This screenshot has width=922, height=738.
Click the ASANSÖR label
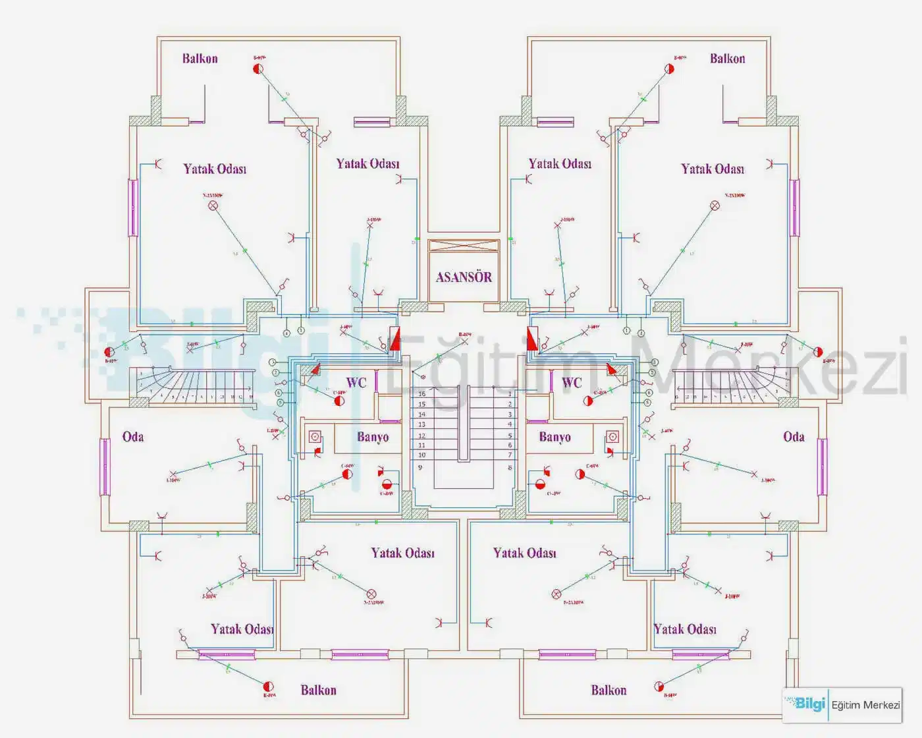point(464,277)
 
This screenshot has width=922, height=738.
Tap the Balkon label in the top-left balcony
point(200,59)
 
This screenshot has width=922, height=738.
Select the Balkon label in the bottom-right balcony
point(609,691)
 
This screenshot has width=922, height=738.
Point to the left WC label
point(356,383)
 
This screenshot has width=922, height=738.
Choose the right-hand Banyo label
point(555,437)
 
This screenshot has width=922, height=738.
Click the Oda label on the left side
point(133,437)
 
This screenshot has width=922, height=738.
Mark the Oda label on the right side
point(794,437)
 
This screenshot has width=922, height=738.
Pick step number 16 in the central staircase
point(421,394)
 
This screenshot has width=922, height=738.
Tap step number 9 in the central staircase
point(420,467)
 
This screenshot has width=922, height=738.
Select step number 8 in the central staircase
point(510,467)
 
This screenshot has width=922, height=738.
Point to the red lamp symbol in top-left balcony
point(259,69)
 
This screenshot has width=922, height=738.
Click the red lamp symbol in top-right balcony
point(669,68)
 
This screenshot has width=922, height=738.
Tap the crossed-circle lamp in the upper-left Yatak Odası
point(213,206)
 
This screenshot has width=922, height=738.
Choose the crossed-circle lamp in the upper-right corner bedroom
point(715,206)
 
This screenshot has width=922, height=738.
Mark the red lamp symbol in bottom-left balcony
point(268,687)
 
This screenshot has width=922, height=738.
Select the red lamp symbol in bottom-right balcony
point(659,687)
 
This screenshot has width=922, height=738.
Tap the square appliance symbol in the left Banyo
point(315,436)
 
